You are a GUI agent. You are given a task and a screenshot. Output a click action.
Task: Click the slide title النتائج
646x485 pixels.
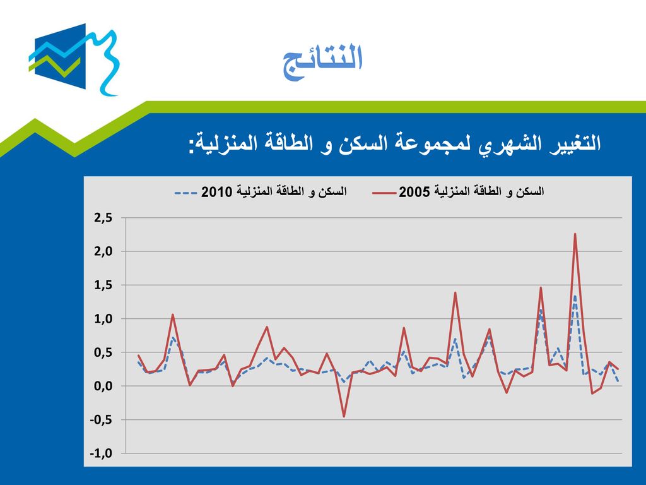[x=322, y=61]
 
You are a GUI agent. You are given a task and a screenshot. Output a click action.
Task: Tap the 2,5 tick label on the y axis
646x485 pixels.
[x=103, y=218]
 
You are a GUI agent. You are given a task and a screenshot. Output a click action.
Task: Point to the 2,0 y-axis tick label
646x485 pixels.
[x=103, y=251]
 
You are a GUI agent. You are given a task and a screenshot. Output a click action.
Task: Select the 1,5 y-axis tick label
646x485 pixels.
[x=103, y=285]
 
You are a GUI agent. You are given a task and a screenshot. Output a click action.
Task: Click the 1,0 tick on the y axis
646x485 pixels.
[x=103, y=319]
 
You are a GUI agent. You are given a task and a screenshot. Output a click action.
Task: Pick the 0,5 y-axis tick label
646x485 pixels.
[x=103, y=352]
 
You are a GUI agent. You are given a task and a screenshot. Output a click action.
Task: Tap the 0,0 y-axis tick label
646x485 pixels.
[x=103, y=386]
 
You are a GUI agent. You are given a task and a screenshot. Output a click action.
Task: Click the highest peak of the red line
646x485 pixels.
[x=575, y=234]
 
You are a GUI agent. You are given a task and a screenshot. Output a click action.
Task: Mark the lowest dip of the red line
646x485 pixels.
[x=344, y=417]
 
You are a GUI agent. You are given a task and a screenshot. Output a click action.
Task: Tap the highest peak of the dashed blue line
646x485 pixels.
[x=575, y=296]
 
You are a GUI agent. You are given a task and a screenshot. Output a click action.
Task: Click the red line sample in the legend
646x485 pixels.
[x=384, y=193]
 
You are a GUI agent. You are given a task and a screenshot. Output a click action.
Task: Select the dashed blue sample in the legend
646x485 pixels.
[x=186, y=193]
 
